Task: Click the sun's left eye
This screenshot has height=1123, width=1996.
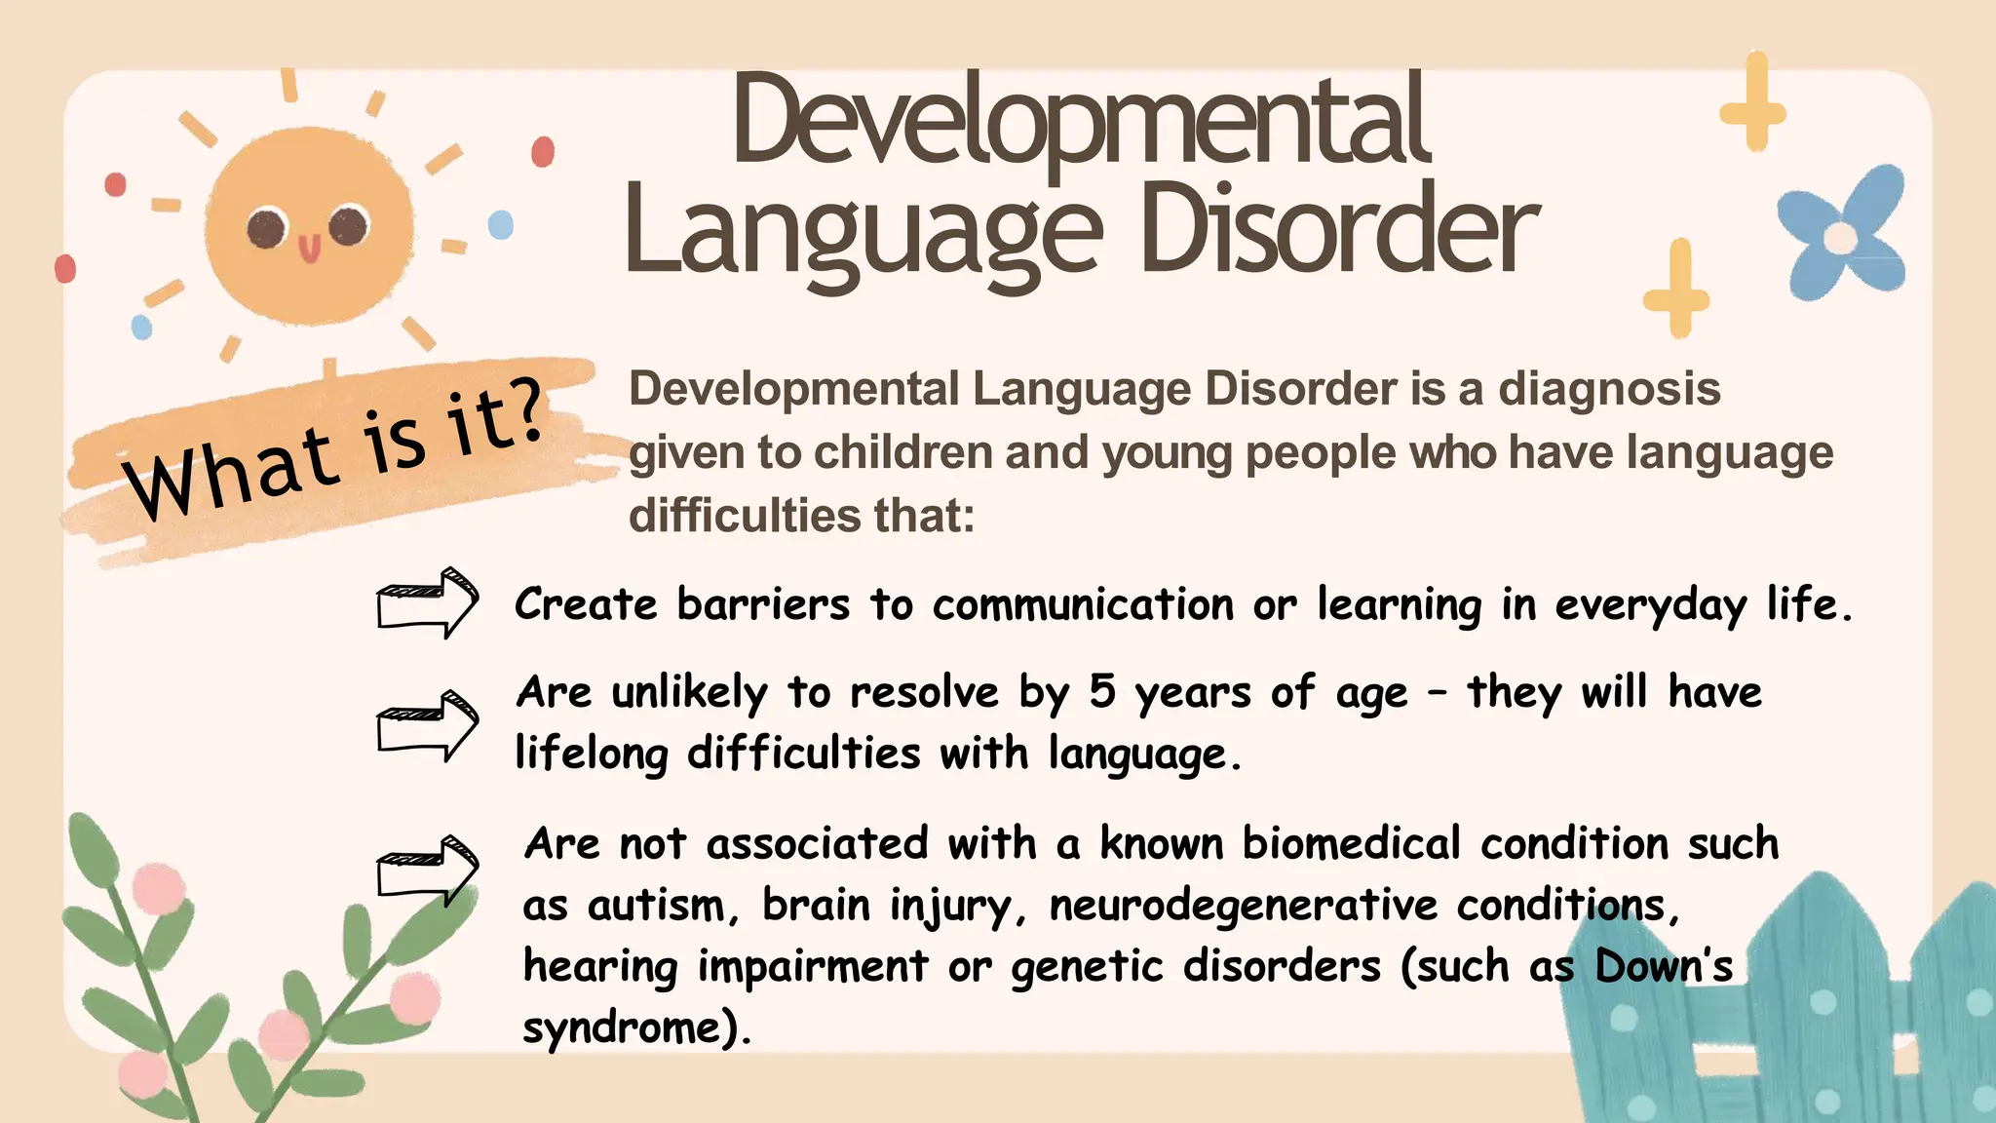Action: (265, 228)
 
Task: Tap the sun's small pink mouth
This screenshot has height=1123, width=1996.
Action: (309, 249)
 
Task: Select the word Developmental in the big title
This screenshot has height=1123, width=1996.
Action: (1080, 121)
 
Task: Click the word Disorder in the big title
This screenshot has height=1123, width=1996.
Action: (1339, 230)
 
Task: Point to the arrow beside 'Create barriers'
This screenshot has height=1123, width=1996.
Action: (427, 602)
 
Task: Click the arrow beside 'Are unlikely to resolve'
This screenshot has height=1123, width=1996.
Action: (427, 725)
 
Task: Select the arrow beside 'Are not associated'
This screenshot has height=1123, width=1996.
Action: (427, 870)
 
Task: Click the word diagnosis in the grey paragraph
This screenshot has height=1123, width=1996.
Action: (1609, 389)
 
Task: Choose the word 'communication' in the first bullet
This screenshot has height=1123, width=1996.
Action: (1083, 604)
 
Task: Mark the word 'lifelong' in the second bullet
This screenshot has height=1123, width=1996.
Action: (592, 754)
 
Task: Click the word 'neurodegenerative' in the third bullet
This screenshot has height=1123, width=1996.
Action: (1243, 906)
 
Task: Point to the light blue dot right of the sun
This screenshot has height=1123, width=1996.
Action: (500, 225)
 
